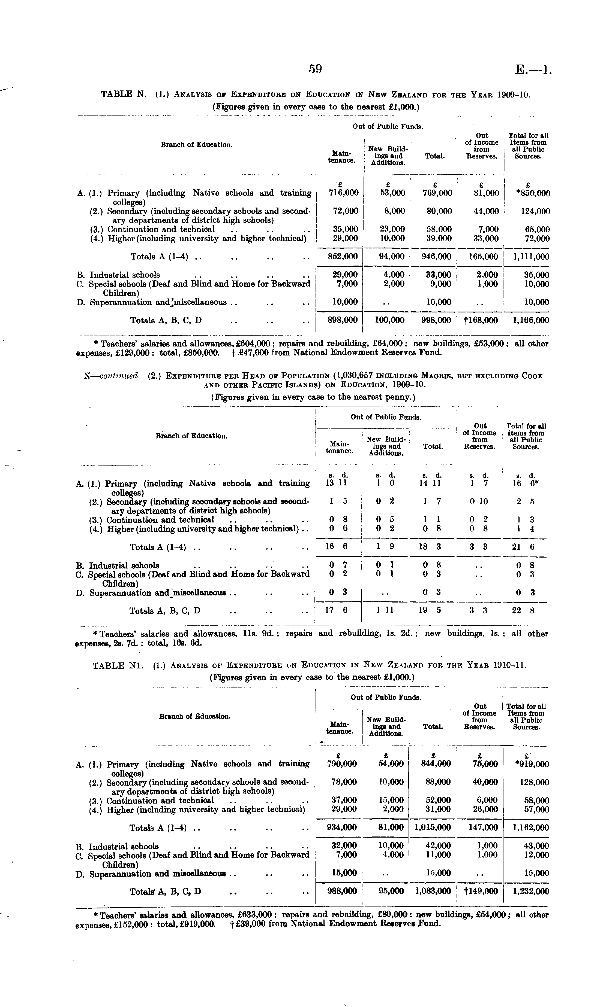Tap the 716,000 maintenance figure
344,193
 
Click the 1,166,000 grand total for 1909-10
531,320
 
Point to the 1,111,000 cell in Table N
531,257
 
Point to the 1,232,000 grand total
531,891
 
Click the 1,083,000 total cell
433,891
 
